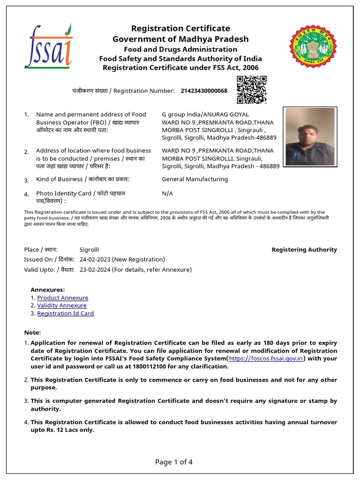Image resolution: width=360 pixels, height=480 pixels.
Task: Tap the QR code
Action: click(x=251, y=90)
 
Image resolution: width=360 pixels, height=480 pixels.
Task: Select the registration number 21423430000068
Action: click(x=204, y=90)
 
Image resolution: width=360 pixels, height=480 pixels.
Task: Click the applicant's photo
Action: click(x=309, y=136)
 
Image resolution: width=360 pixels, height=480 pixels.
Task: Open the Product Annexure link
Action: click(x=62, y=298)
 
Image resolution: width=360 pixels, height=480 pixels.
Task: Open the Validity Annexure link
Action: click(x=62, y=306)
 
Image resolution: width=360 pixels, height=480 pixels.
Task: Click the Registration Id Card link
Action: click(x=66, y=313)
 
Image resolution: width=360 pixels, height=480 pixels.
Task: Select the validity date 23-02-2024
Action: click(x=95, y=270)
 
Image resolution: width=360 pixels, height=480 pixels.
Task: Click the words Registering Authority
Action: click(x=304, y=250)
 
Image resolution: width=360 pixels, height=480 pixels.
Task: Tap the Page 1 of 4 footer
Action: click(x=174, y=462)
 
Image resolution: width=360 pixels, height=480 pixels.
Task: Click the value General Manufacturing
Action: click(x=195, y=179)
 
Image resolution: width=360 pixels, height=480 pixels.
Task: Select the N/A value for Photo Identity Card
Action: click(x=167, y=193)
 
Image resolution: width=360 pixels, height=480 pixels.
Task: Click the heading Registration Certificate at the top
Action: click(x=180, y=29)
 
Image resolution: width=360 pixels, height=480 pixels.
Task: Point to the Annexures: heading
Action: click(x=48, y=290)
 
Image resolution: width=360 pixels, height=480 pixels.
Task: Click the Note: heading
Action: click(x=33, y=332)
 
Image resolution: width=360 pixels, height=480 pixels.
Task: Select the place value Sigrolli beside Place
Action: click(x=89, y=250)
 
